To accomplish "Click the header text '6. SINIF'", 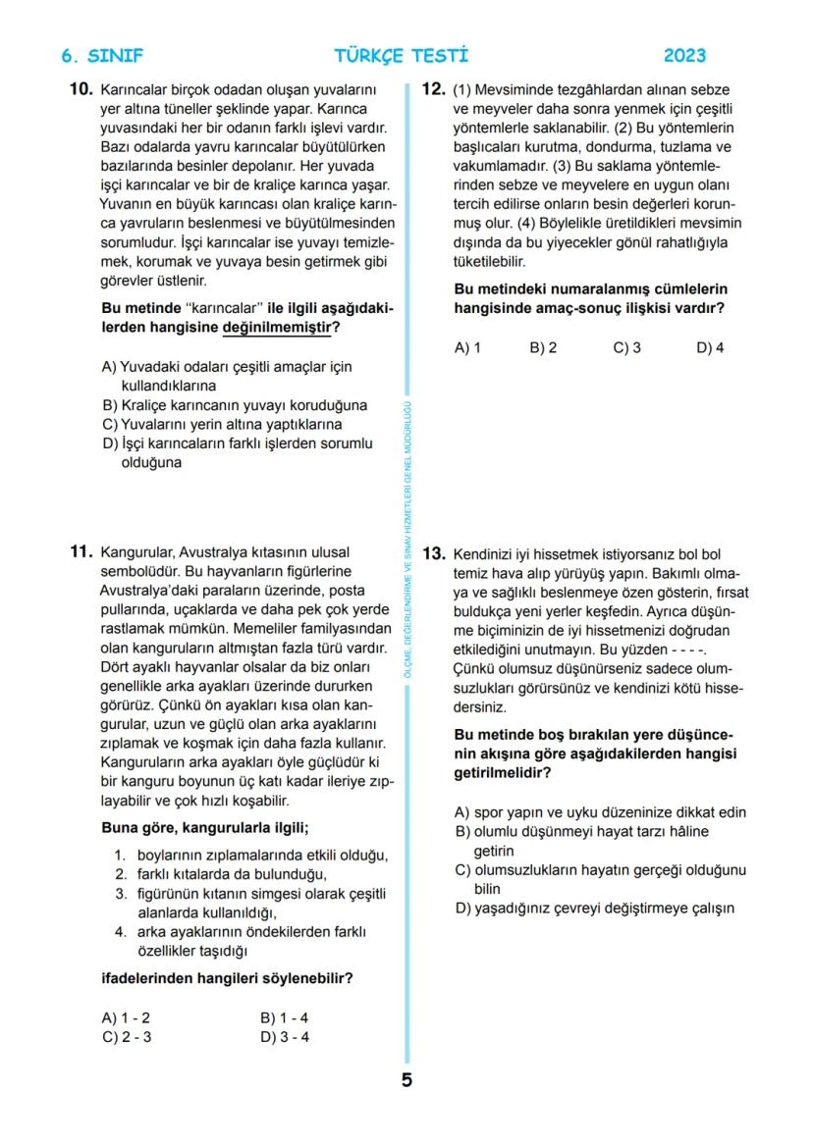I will pos(101,56).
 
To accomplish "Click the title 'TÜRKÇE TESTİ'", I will pos(402,56).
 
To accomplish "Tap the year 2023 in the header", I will pos(684,56).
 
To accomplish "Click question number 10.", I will pos(81,89).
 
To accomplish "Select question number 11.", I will pos(81,552).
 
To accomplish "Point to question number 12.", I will pos(434,89).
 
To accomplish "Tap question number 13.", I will pos(434,553).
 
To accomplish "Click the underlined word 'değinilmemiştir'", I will pos(276,328).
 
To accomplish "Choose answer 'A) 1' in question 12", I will pos(467,347).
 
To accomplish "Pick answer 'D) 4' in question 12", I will pos(710,347).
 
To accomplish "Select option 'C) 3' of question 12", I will pos(626,347).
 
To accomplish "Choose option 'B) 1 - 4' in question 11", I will pos(284,1018).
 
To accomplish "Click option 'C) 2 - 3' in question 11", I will pos(127,1037).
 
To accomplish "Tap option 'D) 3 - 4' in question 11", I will pos(285,1037).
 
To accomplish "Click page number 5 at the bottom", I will pos(406,1080).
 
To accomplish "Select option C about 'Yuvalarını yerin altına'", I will pos(222,424).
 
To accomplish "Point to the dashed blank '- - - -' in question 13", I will pos(688,651).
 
